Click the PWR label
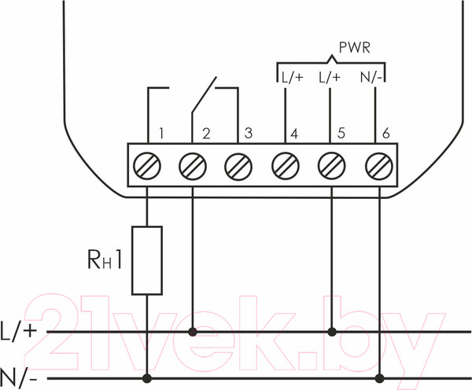point(355,47)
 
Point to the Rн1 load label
point(103,259)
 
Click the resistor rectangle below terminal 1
point(147,260)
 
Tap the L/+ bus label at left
point(19,331)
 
